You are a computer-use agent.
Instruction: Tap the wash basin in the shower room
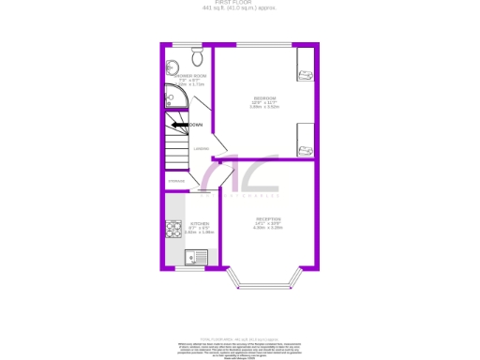(171, 67)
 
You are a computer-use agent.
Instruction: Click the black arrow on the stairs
(178, 125)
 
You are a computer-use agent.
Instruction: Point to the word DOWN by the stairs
(196, 125)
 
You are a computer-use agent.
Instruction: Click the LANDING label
(201, 148)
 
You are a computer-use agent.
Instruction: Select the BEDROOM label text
(263, 98)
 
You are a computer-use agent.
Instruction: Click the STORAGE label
(176, 181)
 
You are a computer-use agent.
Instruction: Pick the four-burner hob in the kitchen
(173, 227)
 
